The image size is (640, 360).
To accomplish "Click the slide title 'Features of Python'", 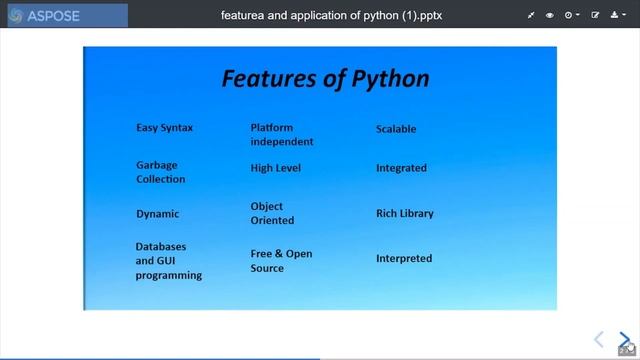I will [x=325, y=79].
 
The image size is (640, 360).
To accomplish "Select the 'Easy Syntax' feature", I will [x=164, y=128].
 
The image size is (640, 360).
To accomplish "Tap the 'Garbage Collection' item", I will [x=160, y=172].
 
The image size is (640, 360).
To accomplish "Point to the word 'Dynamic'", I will [x=157, y=214].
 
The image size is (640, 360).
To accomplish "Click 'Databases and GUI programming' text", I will [x=168, y=260].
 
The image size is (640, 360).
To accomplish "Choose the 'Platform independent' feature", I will [x=281, y=135].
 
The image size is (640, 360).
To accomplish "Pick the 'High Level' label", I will [x=275, y=168].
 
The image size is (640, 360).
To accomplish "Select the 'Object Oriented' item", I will [x=272, y=213].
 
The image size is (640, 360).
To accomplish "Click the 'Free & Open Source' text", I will [x=281, y=261].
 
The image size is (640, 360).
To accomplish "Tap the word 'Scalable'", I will [x=396, y=129].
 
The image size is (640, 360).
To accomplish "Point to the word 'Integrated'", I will [x=401, y=168].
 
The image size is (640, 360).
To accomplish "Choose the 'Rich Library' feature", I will [x=404, y=213].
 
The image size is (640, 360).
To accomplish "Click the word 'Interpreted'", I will [x=404, y=258].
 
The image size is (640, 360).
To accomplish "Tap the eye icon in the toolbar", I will [x=550, y=16].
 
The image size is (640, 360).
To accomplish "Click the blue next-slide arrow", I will [x=624, y=340].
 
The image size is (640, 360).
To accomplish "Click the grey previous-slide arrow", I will [x=599, y=340].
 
